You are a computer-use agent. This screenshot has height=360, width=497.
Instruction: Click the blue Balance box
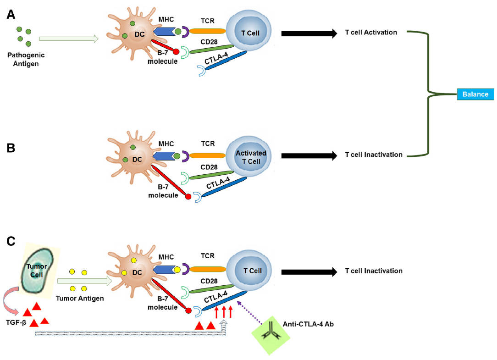coord(475,94)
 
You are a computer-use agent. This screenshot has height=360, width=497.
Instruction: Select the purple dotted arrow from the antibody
coord(250,313)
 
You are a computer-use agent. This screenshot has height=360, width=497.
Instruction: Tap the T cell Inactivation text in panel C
coord(373,271)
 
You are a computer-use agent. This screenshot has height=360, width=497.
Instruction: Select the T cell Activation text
coord(370,33)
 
